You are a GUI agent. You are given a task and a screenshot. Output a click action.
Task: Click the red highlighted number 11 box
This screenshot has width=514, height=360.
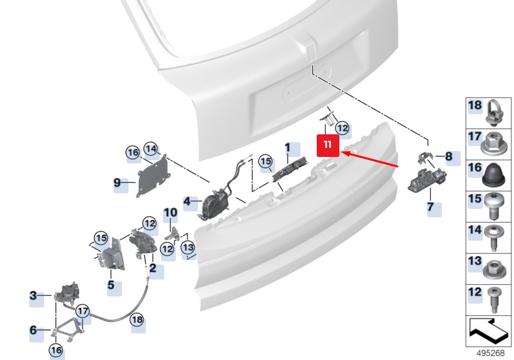(328, 145)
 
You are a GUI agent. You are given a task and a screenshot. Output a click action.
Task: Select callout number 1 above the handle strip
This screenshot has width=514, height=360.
(288, 149)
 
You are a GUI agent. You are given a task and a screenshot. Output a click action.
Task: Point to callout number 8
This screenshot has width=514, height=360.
(448, 156)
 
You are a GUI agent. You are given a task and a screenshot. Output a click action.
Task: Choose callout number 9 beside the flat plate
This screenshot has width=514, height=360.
(117, 183)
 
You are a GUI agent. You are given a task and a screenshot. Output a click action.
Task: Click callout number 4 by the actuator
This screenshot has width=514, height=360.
(188, 202)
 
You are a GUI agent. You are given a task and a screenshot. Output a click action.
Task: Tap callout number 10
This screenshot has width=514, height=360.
(170, 212)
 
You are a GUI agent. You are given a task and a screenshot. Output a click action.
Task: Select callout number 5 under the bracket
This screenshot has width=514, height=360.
(111, 284)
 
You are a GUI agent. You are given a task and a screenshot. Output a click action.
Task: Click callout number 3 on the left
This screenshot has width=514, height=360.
(34, 296)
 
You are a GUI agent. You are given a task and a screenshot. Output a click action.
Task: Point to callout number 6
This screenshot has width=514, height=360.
(34, 330)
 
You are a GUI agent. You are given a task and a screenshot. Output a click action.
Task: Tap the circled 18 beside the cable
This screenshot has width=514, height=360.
(137, 319)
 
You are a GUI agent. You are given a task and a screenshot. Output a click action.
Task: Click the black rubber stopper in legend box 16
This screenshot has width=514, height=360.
(493, 173)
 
